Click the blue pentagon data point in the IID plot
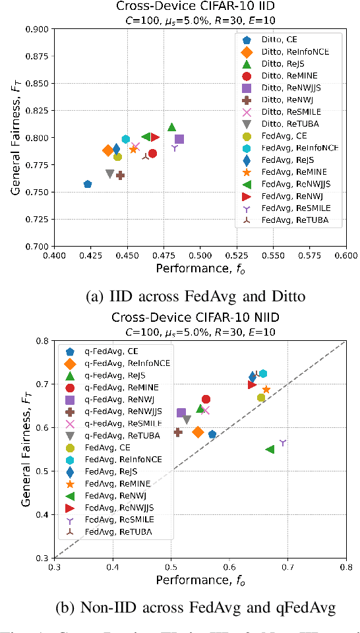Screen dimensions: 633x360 (88, 184)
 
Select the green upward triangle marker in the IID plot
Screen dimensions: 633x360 (172, 127)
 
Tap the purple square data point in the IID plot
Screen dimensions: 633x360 (179, 139)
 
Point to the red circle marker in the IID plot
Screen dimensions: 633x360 (152, 154)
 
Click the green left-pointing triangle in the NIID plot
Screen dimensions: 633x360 (270, 449)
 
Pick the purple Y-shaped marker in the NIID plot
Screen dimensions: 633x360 (283, 442)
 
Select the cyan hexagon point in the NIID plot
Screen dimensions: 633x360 (263, 374)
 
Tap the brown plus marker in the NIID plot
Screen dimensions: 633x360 (177, 432)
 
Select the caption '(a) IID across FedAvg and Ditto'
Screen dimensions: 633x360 (181, 297)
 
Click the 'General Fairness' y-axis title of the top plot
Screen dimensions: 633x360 (14, 137)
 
